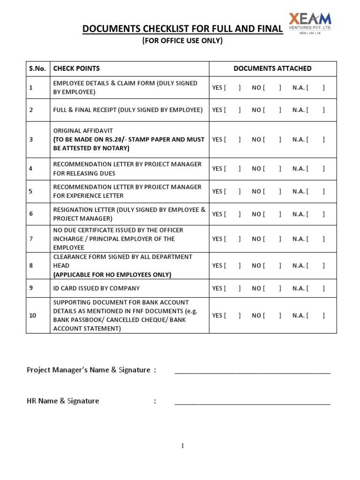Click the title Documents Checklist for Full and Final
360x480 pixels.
coord(182,29)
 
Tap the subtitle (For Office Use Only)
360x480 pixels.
coord(182,41)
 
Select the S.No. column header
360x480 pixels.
coord(37,68)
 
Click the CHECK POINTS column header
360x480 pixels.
coord(76,68)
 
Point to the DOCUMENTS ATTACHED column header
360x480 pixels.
coord(272,68)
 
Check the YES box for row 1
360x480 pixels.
coord(233,88)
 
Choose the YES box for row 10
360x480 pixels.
coord(233,315)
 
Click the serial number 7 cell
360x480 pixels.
coord(31,239)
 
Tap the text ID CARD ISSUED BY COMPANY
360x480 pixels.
coord(96,288)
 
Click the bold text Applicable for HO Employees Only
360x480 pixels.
coord(112,275)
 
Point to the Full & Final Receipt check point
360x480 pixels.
coord(128,110)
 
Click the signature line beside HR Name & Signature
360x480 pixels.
coord(252,402)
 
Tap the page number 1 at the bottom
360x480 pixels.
coord(183,446)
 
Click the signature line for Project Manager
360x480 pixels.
coord(252,372)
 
